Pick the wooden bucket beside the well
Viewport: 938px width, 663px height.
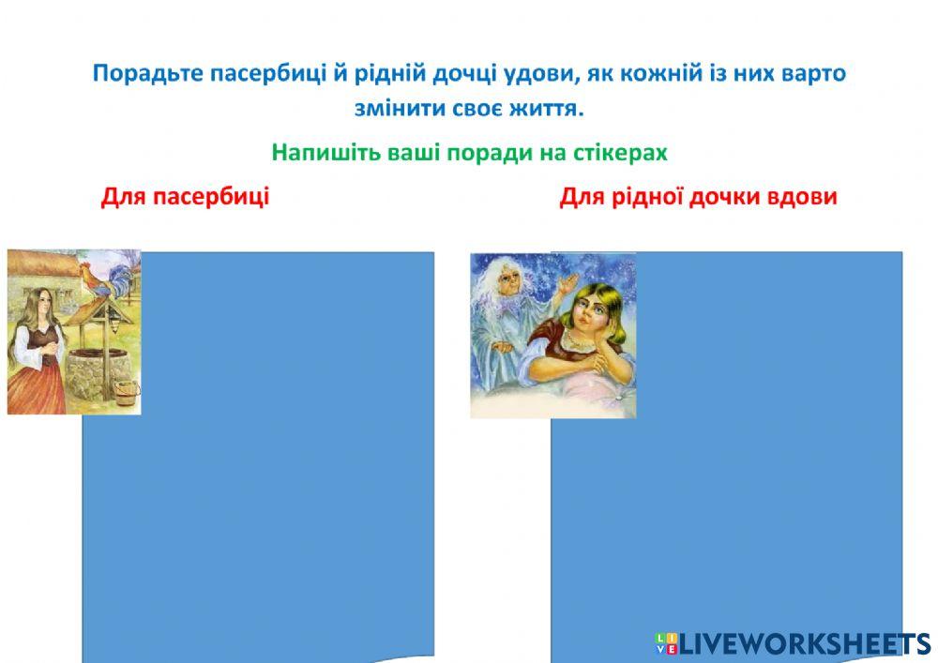tap(126, 392)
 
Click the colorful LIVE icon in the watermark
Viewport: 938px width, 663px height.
tap(666, 643)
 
